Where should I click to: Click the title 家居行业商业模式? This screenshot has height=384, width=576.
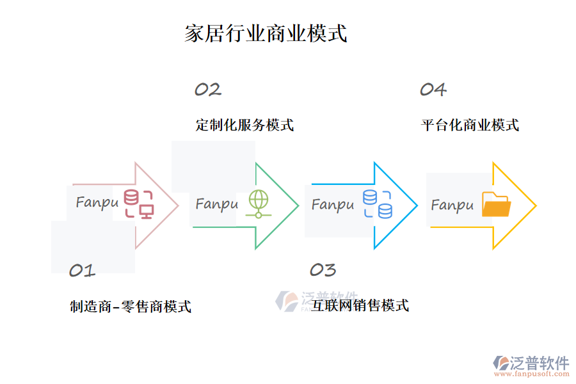[266, 33]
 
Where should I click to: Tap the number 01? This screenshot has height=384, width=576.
[82, 271]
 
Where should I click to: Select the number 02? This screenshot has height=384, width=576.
[208, 90]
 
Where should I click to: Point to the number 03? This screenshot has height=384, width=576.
[323, 270]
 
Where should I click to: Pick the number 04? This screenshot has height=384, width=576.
[433, 90]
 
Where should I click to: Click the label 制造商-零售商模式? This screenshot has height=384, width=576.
[131, 307]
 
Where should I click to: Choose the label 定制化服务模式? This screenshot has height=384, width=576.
[244, 125]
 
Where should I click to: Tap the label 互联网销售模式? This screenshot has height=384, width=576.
[360, 305]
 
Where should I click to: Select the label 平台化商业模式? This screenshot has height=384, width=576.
[470, 125]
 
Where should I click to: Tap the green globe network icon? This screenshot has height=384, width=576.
[258, 204]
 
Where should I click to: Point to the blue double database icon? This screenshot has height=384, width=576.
[378, 204]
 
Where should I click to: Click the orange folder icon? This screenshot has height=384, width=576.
[496, 205]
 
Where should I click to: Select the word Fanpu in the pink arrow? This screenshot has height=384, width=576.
[97, 203]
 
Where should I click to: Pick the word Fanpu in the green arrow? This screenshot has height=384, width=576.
[216, 204]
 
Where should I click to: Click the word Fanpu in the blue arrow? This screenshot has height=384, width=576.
[333, 205]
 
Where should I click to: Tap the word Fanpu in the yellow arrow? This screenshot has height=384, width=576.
[452, 205]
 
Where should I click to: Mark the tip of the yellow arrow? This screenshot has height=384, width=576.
[534, 205]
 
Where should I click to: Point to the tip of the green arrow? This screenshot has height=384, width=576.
[298, 205]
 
